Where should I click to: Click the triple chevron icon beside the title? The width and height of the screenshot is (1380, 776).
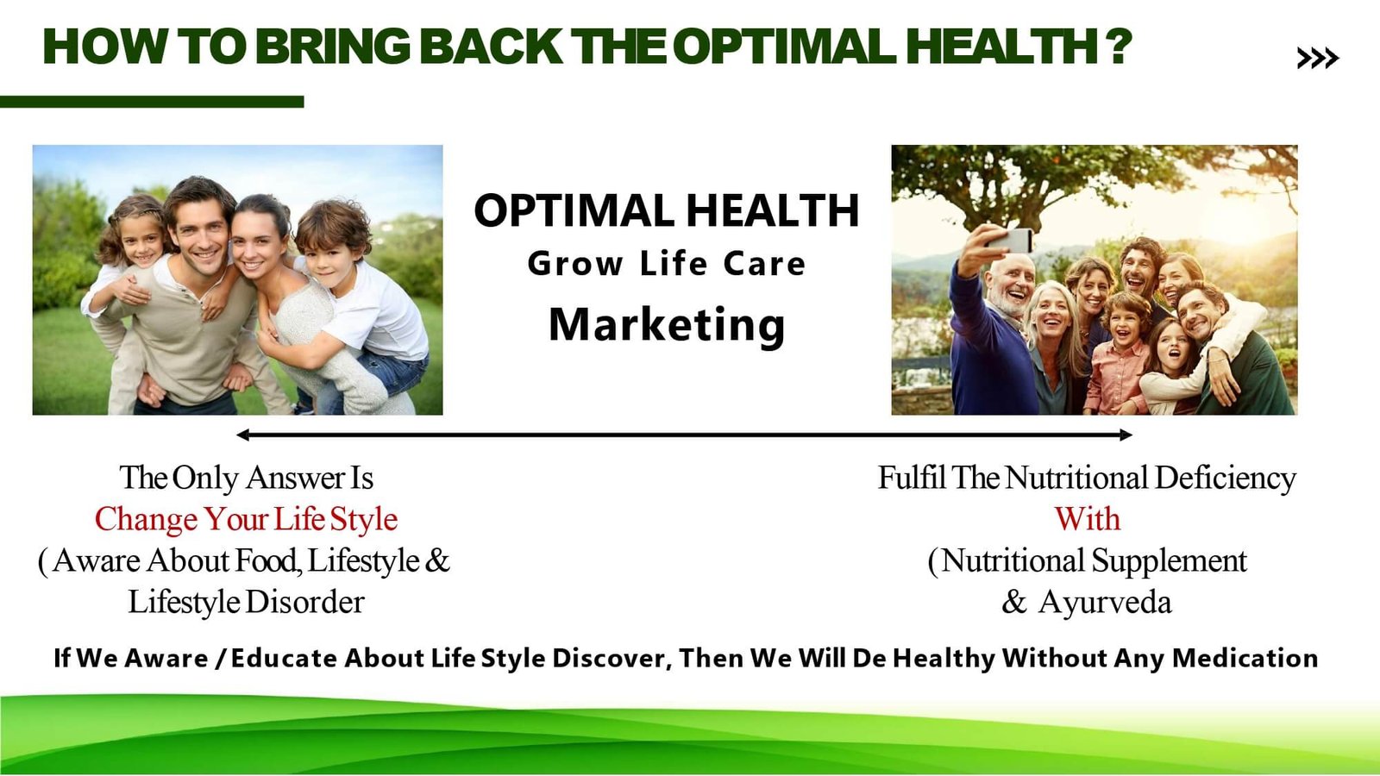[x=1318, y=58]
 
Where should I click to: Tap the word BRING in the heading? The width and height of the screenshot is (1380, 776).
[x=333, y=47]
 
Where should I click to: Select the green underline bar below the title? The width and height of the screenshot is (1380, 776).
[x=152, y=102]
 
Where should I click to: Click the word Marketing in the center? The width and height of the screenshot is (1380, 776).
[x=667, y=325]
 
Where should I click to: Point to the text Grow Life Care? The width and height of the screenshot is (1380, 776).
[x=667, y=264]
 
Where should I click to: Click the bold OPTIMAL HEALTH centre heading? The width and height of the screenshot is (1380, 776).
[x=667, y=210]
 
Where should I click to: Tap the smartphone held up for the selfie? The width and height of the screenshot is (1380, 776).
[x=1013, y=241]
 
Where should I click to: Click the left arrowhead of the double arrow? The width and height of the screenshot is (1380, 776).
[x=242, y=435]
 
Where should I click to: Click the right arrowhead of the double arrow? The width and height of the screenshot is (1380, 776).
[x=1126, y=435]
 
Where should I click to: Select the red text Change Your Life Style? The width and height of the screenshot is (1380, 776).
[x=246, y=518]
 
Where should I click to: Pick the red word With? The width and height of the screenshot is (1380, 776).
[x=1088, y=518]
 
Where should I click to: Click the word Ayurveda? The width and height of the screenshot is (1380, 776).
[x=1105, y=603]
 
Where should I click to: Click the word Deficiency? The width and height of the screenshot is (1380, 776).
[x=1226, y=478]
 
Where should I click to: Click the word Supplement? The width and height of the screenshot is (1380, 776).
[x=1170, y=561]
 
